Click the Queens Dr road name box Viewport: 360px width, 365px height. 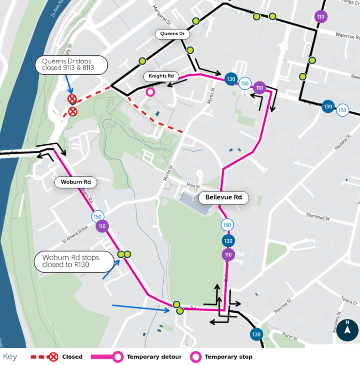click(172, 34)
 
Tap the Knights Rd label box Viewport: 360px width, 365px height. click(161, 76)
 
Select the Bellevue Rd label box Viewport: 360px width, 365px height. click(224, 197)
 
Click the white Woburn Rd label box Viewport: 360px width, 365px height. click(76, 182)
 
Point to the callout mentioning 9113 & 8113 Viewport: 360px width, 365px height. click(72, 64)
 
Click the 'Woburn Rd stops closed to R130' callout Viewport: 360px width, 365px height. click(71, 261)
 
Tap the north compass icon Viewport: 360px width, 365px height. click(347, 330)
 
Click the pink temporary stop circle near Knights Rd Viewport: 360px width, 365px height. click(150, 92)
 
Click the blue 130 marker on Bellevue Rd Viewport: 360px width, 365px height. click(228, 241)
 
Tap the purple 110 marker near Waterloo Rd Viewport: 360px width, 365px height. click(320, 17)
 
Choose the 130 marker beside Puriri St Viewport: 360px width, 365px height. click(256, 334)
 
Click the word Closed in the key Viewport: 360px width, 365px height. click(72, 357)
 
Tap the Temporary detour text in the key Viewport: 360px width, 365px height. click(154, 357)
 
